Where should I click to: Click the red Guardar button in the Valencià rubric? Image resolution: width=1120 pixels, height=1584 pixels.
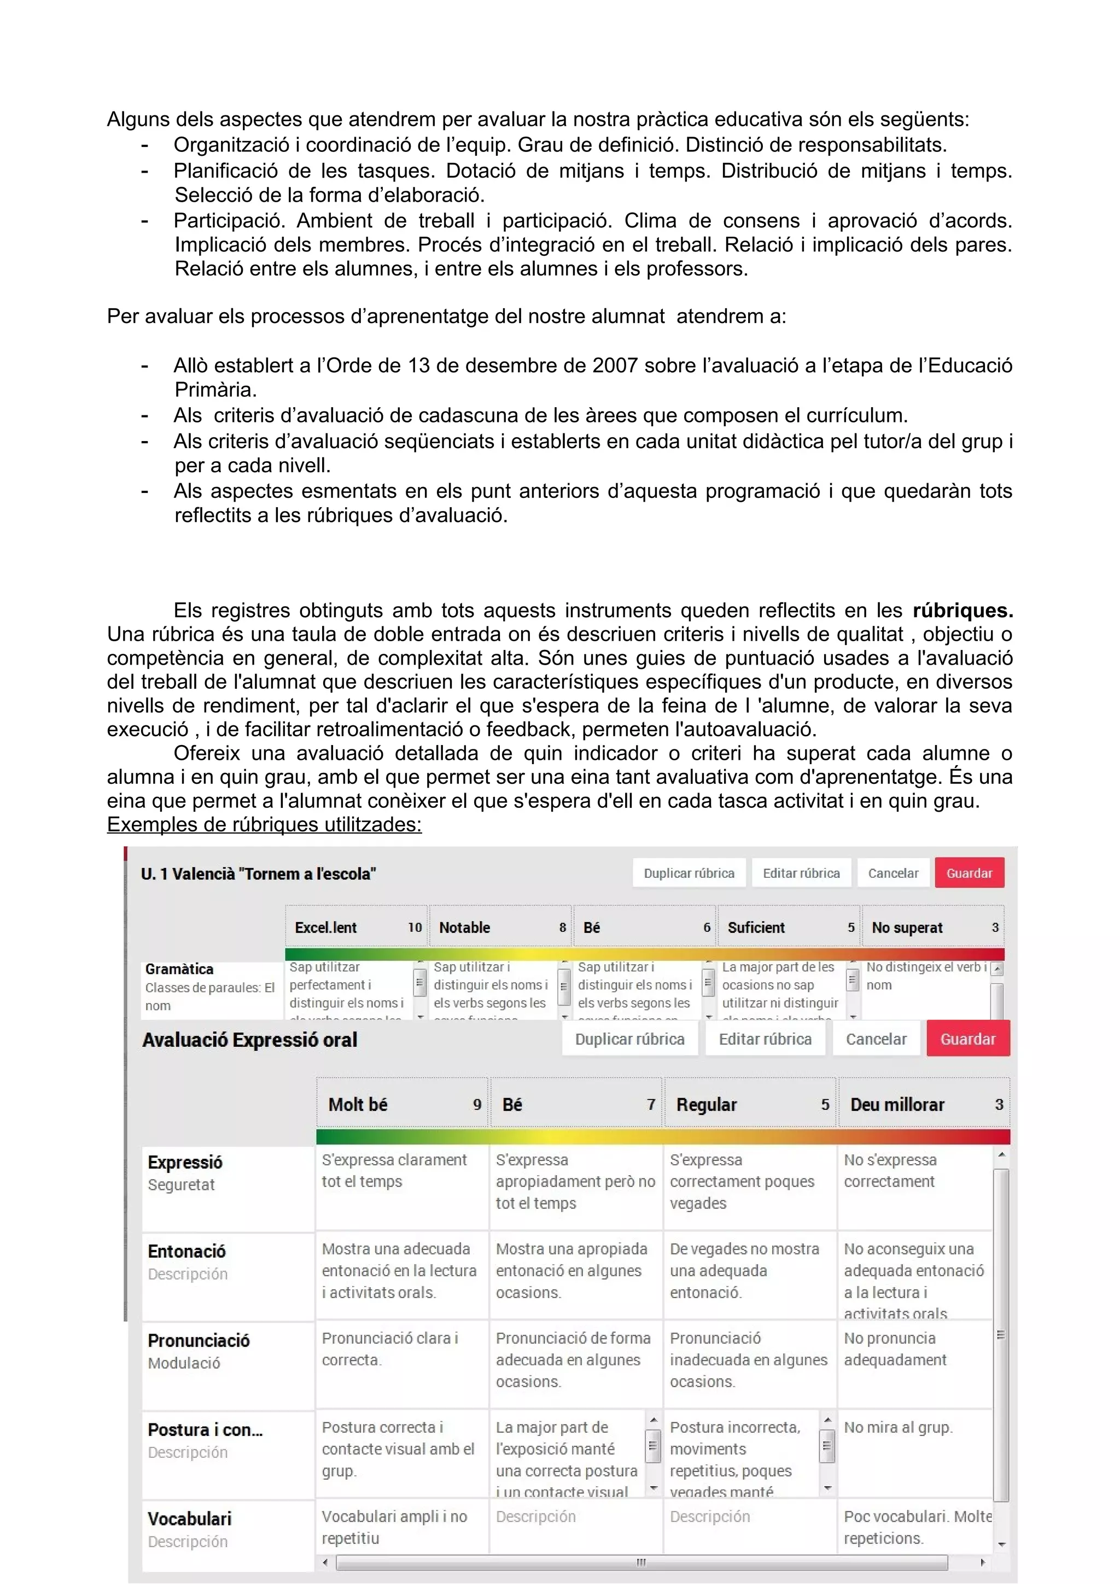point(969,873)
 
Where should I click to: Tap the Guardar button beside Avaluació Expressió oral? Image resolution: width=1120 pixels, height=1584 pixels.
point(967,1039)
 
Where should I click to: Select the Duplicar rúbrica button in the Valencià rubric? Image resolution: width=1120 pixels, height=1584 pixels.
point(689,873)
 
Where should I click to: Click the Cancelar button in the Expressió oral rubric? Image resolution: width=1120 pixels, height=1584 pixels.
point(876,1039)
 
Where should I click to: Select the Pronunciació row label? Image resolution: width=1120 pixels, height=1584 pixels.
point(199,1340)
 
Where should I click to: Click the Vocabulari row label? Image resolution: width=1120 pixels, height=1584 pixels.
point(189,1518)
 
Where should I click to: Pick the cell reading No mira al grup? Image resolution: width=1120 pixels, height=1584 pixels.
point(898,1427)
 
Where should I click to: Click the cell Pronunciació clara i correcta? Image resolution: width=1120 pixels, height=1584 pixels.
point(390,1349)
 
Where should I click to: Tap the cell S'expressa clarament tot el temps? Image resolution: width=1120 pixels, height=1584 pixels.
point(394,1171)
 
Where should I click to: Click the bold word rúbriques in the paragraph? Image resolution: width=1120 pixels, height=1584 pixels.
point(962,611)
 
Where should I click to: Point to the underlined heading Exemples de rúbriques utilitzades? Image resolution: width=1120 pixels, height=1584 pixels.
point(264,824)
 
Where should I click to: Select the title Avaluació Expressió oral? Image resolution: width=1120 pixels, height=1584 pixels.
point(250,1040)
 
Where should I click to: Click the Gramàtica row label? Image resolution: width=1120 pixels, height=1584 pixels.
point(179,969)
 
